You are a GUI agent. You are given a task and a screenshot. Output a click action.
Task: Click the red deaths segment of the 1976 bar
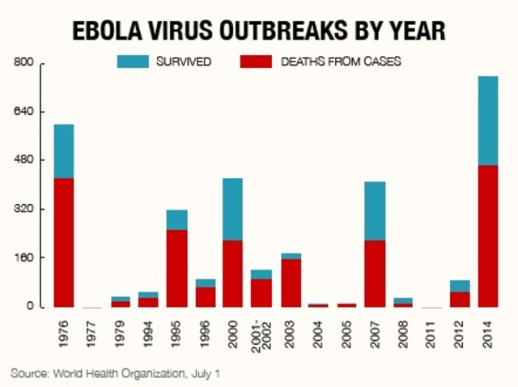point(63,242)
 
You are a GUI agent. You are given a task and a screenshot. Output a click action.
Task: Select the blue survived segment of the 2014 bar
point(487,121)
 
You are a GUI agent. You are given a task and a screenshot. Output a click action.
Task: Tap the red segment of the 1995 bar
point(176,268)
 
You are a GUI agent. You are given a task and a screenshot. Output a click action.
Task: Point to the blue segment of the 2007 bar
point(375,211)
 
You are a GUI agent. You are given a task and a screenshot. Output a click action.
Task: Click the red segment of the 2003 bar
point(290,283)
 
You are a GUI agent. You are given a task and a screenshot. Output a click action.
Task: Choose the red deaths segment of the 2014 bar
point(487,236)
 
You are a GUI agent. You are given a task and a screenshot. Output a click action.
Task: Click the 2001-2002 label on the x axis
point(261,333)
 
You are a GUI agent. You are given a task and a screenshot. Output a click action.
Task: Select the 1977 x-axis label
point(92,328)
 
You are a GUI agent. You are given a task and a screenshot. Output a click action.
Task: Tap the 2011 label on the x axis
point(431,328)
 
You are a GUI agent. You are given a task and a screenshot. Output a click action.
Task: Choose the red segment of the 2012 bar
point(460,299)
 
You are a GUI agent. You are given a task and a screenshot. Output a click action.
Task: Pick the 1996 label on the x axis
point(206,328)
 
